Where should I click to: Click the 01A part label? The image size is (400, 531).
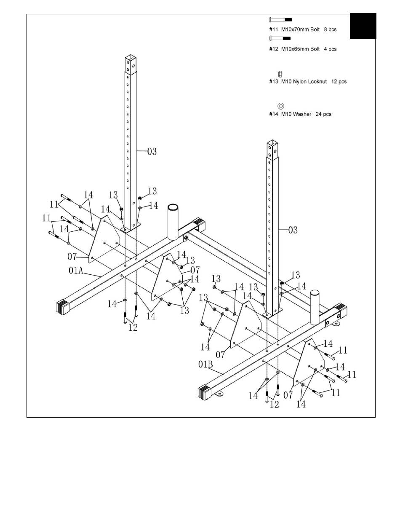point(76,270)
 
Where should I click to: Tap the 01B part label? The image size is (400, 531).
point(205,364)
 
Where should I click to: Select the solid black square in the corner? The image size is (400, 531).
point(363,26)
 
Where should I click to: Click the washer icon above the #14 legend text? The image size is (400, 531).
point(280,106)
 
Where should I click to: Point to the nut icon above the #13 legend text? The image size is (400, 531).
point(280,74)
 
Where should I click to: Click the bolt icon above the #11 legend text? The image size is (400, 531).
point(280,19)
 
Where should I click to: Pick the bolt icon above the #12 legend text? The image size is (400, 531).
point(280,38)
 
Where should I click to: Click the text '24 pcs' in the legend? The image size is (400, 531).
point(323,114)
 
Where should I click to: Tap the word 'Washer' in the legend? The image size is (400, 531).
point(302,114)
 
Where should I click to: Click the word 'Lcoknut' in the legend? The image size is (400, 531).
point(317,81)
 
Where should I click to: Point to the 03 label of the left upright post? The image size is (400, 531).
point(152,151)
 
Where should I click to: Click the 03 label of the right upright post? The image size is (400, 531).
point(293,230)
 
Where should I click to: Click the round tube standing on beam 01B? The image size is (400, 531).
point(315,307)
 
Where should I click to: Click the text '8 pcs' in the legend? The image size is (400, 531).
point(330,29)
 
